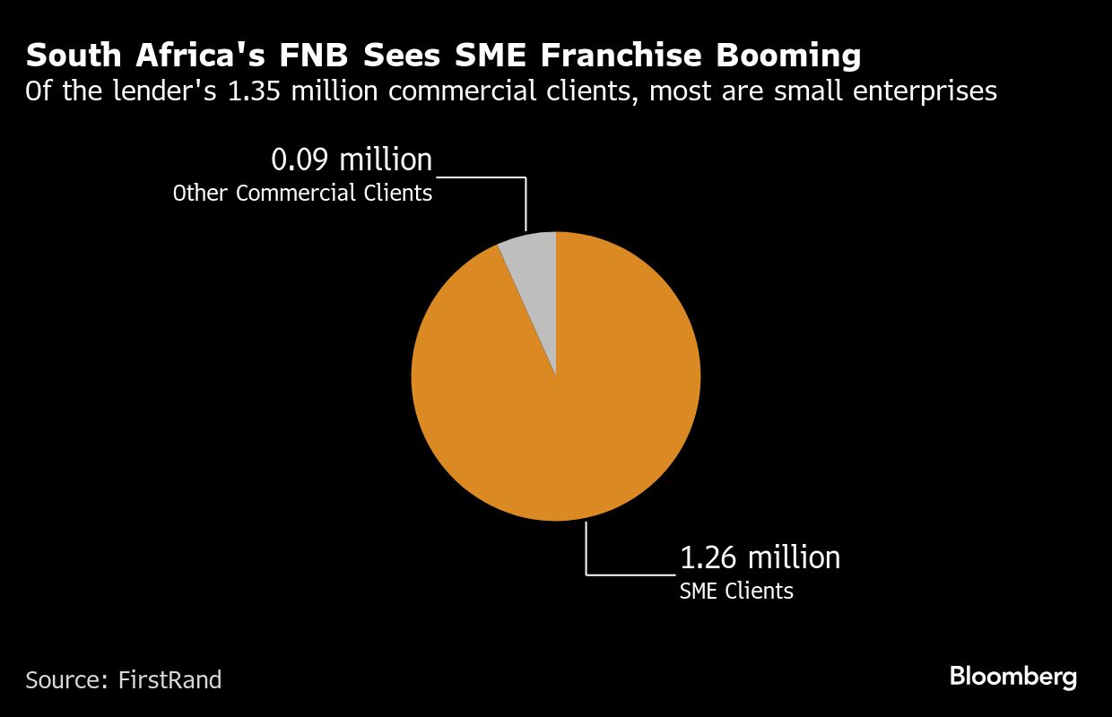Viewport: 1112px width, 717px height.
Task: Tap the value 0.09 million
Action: (352, 160)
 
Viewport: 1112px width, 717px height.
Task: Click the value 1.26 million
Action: (760, 557)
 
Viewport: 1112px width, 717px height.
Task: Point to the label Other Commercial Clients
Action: (302, 193)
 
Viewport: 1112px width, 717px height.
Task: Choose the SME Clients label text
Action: (736, 591)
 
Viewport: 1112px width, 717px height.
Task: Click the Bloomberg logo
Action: (1012, 677)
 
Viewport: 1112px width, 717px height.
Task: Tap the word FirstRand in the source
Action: (169, 680)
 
